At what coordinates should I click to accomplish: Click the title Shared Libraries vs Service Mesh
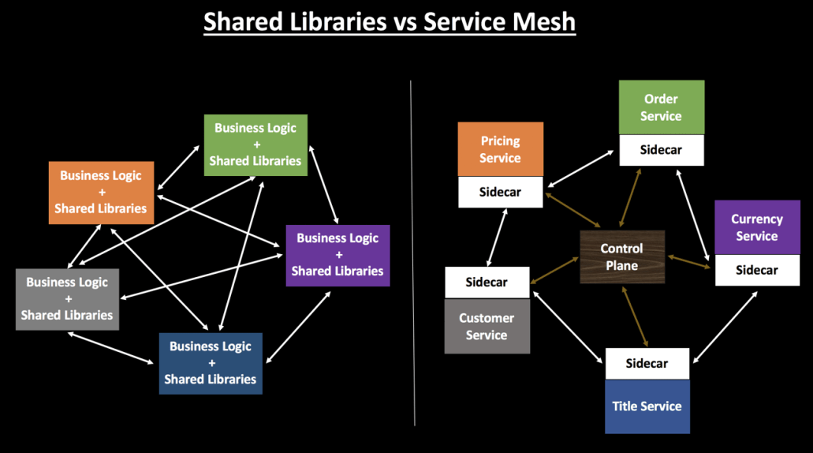coord(390,22)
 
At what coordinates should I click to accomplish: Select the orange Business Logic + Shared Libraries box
coord(101,193)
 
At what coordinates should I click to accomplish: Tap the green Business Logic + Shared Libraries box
coord(255,144)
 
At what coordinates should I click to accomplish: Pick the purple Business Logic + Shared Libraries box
coord(338,254)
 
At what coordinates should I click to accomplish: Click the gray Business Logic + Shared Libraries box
coord(67,298)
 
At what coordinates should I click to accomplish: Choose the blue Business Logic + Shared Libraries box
coord(211,362)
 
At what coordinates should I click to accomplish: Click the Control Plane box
coord(622,257)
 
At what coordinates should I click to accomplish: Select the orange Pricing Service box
coord(501,149)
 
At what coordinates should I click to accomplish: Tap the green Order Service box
coord(661,107)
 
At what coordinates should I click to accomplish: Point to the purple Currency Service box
coord(757,227)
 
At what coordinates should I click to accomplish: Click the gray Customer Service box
coord(487,326)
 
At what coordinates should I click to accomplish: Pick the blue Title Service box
coord(647,406)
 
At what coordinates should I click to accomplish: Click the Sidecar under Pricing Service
coord(501,193)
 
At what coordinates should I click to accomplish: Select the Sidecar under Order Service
coord(661,150)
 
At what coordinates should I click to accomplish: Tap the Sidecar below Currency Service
coord(757,270)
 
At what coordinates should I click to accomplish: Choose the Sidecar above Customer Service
coord(487,282)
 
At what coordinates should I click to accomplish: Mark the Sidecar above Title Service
coord(647,364)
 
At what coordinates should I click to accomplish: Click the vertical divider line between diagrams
coord(412,253)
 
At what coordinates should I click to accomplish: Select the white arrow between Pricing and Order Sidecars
coord(582,169)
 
